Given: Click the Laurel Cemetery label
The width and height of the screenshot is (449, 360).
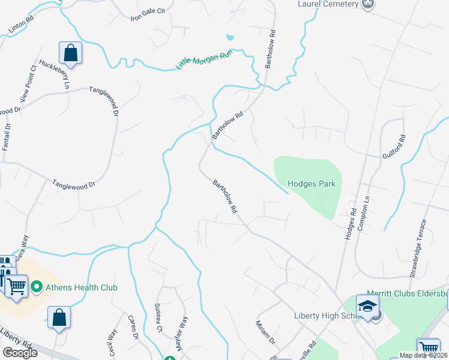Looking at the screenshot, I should click(x=328, y=5).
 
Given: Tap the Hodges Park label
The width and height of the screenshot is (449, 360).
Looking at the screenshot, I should click(x=311, y=184).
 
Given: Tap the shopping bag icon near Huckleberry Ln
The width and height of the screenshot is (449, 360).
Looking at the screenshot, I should click(x=70, y=53).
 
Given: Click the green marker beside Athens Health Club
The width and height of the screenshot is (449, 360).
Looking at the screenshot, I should click(x=37, y=287).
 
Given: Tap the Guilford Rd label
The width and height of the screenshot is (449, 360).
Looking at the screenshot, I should click(x=394, y=146).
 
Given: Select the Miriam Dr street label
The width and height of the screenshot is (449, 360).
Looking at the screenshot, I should click(x=265, y=332).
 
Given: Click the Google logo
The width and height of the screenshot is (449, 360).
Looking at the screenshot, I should click(x=20, y=353).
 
